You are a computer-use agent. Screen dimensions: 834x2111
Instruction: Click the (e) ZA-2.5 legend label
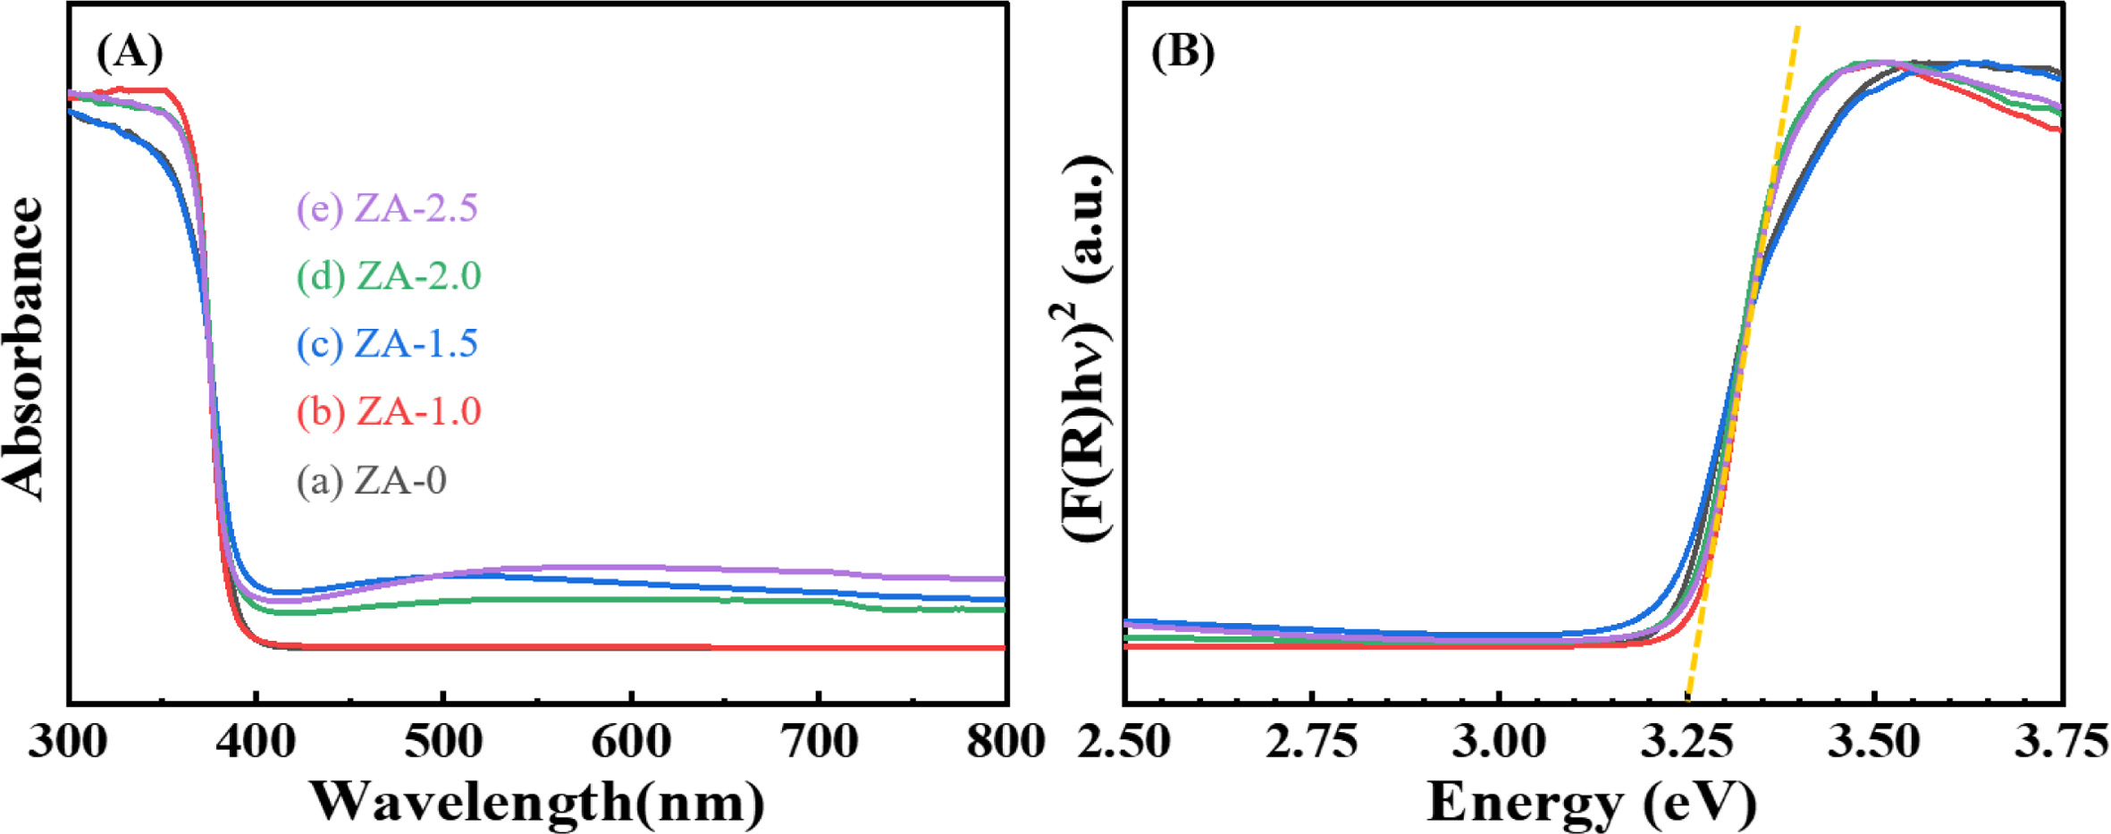[388, 208]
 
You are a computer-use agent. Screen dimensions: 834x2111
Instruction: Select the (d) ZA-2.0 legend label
[390, 276]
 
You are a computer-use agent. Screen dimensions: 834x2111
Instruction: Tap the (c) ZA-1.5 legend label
[388, 344]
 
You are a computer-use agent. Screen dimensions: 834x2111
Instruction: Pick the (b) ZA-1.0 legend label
[390, 412]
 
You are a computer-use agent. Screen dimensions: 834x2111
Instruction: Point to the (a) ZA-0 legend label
[372, 481]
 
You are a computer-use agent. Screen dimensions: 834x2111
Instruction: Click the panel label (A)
[130, 53]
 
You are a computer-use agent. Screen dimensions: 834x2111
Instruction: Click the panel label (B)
[1182, 53]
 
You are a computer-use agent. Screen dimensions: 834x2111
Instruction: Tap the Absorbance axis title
[25, 349]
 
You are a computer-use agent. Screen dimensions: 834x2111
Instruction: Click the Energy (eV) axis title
[1592, 802]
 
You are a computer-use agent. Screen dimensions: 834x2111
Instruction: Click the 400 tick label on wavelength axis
[257, 742]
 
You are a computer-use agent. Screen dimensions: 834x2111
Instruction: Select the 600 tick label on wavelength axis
[631, 742]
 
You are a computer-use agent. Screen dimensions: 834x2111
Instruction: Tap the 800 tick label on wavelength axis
[1005, 742]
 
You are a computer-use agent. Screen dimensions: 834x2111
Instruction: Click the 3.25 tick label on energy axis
[1687, 742]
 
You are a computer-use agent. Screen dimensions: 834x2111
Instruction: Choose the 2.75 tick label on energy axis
[1312, 742]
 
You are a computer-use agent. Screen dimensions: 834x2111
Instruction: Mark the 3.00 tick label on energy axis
[1500, 742]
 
